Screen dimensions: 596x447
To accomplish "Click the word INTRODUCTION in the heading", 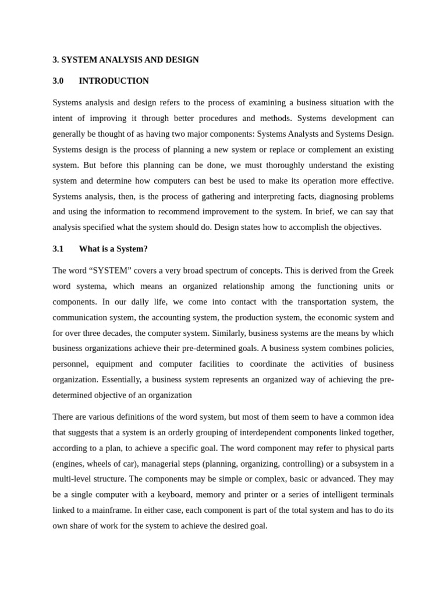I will click(113, 81).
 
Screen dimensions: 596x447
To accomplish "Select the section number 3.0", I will click(58, 81).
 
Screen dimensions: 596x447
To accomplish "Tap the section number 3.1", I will click(58, 249).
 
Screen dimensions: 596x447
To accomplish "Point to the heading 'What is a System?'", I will click(113, 249).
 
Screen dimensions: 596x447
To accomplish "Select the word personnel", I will click(70, 364).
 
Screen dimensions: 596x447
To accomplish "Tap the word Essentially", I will click(121, 379).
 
